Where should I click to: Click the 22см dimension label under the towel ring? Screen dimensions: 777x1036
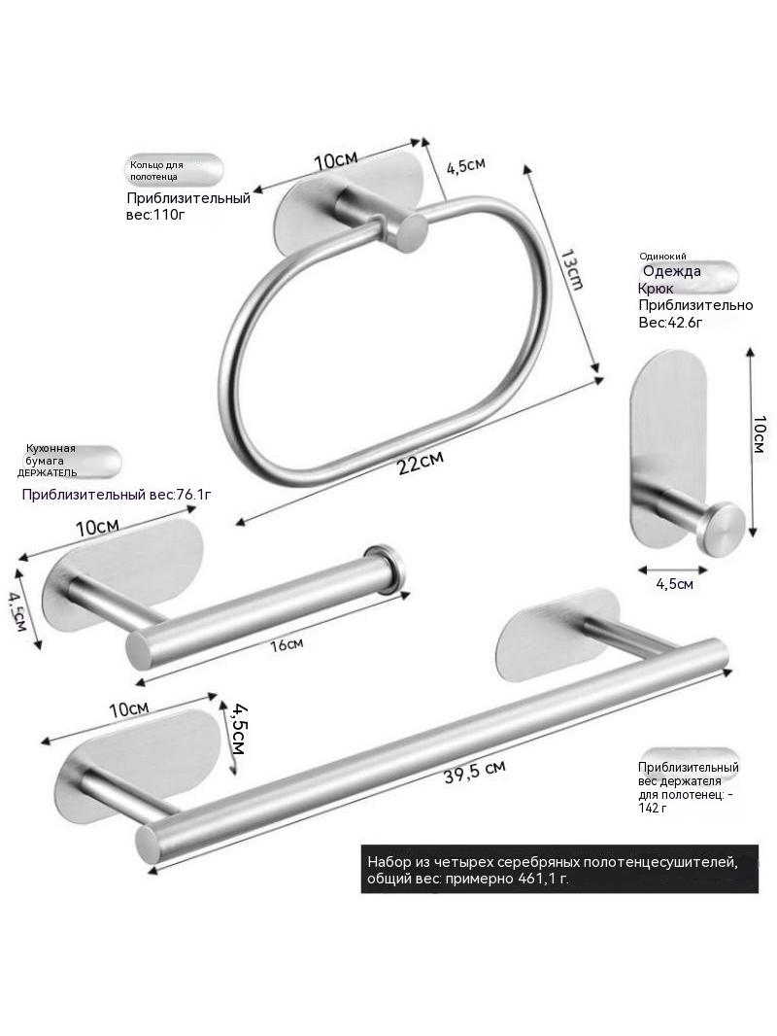421,462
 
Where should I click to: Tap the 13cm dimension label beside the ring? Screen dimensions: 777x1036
572,269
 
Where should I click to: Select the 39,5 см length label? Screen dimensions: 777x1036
475,772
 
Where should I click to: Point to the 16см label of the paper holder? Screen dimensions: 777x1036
287,644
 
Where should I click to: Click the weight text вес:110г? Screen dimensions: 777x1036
155,215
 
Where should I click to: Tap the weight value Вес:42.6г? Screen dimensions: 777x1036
669,323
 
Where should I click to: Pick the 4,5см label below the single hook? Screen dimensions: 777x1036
674,584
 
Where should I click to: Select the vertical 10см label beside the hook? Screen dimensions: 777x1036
759,433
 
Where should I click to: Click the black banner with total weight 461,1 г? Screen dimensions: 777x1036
559,869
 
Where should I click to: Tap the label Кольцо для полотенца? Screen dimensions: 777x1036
156,170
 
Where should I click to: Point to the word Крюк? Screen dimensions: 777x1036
656,288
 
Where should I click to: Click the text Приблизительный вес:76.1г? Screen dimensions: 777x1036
117,495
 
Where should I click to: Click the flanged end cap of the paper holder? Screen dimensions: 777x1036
385,569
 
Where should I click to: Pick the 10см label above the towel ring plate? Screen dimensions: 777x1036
335,159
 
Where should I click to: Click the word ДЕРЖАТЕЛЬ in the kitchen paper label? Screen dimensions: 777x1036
47,472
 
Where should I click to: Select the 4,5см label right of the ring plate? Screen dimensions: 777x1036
466,165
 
